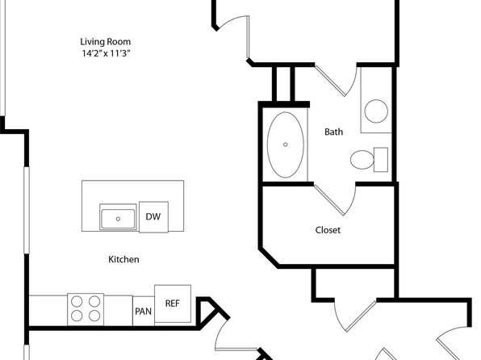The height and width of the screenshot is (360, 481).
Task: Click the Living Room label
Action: [105, 42]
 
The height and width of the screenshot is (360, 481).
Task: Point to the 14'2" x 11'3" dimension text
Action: [106, 53]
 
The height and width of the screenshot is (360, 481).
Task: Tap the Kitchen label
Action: [123, 259]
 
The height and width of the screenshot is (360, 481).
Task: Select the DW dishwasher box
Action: [153, 216]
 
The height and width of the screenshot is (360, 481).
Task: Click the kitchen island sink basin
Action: [118, 219]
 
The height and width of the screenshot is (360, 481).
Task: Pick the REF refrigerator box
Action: [173, 303]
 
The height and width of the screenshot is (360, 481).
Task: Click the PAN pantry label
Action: [144, 312]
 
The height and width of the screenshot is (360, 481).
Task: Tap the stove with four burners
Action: [86, 309]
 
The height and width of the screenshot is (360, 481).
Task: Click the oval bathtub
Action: [285, 144]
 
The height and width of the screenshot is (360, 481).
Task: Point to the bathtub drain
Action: [285, 144]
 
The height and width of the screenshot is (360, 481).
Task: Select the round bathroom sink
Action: [376, 111]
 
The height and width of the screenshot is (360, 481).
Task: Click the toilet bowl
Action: [362, 160]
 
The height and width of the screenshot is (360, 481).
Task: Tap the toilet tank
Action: [381, 160]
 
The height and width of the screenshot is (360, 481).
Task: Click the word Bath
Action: [334, 132]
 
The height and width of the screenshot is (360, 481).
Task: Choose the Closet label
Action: [328, 230]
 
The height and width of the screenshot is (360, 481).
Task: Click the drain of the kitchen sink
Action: [118, 219]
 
